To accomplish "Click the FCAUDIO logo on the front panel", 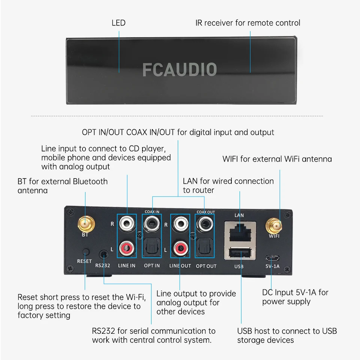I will point(180,70).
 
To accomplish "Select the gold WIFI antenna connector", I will point(274,225).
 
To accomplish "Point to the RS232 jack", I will point(103,255).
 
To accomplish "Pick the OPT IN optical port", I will point(152,247).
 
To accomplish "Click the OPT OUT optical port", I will point(206,247).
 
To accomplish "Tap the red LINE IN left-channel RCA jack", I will point(127,247).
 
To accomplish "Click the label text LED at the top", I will point(118,23).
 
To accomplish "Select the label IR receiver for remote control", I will point(248,23).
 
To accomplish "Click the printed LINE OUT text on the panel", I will point(180,266).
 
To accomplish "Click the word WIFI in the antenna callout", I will point(231,159).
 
